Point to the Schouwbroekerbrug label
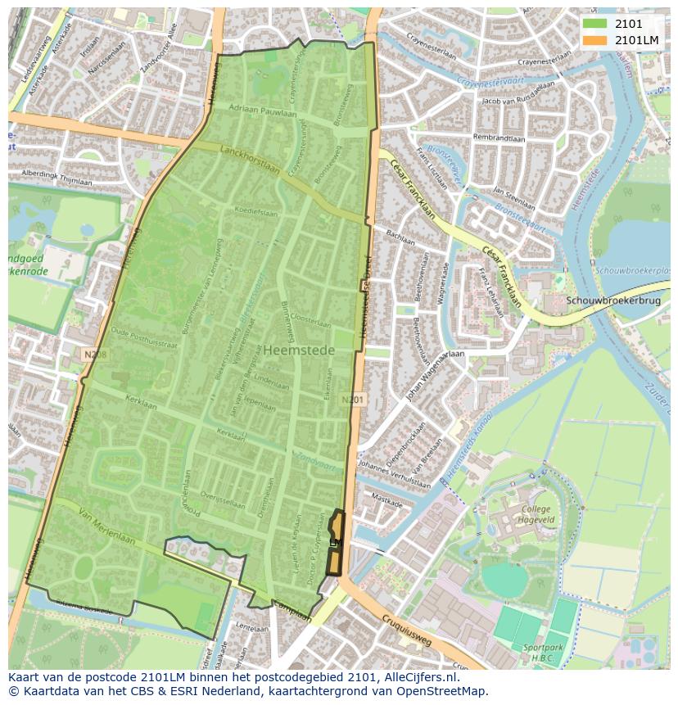pyautogui.click(x=612, y=301)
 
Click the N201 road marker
pyautogui.click(x=352, y=400)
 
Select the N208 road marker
pyautogui.click(x=95, y=354)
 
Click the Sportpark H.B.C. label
pyautogui.click(x=543, y=652)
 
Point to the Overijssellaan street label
pyautogui.click(x=224, y=500)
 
